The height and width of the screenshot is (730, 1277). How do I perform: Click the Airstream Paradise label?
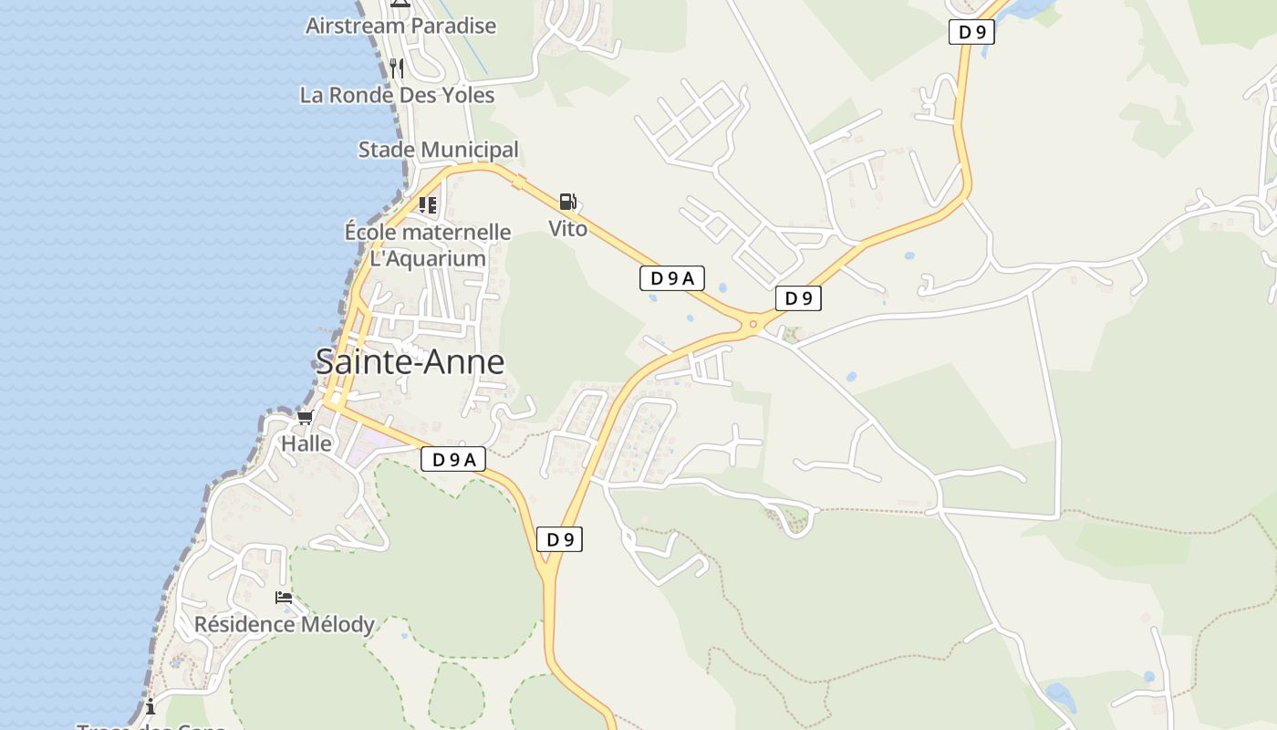(400, 26)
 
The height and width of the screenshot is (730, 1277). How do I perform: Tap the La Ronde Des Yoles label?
(397, 95)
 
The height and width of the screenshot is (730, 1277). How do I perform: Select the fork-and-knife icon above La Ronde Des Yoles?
(396, 68)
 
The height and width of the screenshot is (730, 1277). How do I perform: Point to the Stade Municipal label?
(438, 150)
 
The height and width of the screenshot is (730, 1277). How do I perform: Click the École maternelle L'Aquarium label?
(428, 245)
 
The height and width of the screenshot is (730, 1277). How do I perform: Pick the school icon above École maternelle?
(428, 204)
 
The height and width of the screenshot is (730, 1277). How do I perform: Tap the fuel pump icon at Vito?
(567, 202)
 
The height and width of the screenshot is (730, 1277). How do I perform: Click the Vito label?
(567, 228)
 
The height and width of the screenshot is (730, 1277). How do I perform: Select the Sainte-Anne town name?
(410, 362)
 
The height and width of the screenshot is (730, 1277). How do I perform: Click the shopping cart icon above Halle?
(305, 418)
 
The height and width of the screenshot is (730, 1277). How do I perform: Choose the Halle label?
(306, 444)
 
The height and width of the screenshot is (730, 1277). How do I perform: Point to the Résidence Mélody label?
(284, 624)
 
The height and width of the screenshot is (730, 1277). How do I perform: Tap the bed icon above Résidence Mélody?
(284, 598)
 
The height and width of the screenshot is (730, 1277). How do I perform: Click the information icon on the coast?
(151, 706)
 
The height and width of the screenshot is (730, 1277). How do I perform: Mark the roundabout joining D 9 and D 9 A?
(753, 323)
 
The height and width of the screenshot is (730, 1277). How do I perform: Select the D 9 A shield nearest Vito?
(671, 278)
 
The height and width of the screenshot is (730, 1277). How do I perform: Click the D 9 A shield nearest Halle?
(452, 460)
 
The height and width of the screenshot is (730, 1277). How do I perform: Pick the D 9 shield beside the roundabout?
(798, 297)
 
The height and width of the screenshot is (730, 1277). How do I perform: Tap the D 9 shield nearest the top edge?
(971, 32)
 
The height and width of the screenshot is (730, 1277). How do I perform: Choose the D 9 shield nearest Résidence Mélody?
(559, 539)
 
